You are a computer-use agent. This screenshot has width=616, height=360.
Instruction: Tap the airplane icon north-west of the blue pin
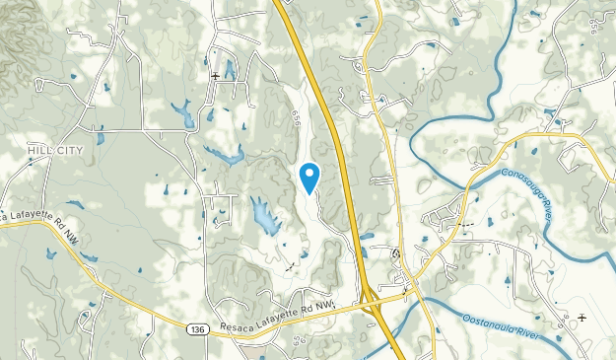pyautogui.click(x=215, y=75)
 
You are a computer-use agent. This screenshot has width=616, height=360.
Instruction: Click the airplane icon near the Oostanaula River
pyautogui.click(x=582, y=318)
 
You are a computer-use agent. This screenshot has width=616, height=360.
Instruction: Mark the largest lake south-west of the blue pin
pyautogui.click(x=263, y=217)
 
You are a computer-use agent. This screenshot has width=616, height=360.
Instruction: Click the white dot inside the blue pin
pyautogui.click(x=309, y=174)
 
